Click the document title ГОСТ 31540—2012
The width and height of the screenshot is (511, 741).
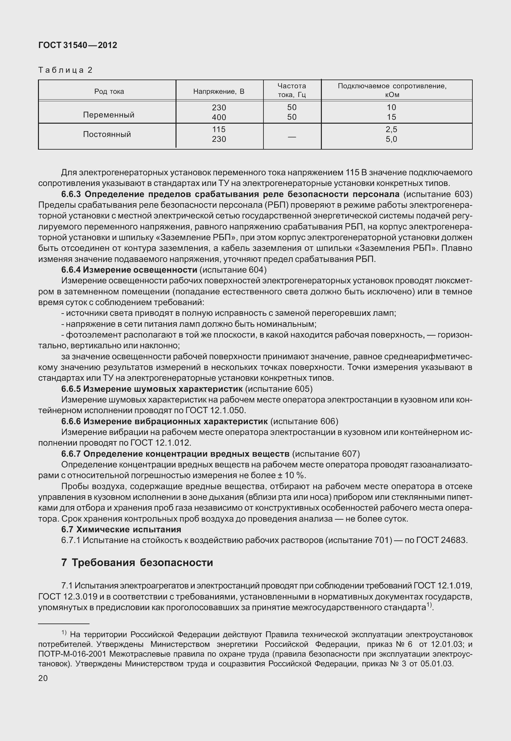[x=78, y=45]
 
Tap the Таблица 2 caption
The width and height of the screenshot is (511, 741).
[x=66, y=70]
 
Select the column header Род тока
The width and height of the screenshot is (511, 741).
[x=109, y=92]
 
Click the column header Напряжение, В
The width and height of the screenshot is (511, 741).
[x=219, y=92]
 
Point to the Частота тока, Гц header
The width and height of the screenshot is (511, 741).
[x=292, y=90]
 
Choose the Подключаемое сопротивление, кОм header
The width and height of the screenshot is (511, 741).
[x=392, y=90]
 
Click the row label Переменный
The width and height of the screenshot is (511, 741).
[x=109, y=115]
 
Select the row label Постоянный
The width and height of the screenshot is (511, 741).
[x=107, y=134]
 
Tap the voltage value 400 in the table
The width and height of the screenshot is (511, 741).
[x=219, y=117]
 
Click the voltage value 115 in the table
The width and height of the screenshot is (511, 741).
[x=219, y=130]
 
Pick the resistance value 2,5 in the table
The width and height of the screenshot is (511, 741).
[x=392, y=130]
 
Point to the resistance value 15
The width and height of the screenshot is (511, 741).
[x=392, y=117]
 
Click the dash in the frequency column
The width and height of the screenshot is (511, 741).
[x=292, y=137]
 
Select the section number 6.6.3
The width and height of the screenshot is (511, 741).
[x=72, y=194]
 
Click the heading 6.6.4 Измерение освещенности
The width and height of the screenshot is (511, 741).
[x=129, y=270]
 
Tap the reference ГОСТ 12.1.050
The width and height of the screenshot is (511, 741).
[x=215, y=411]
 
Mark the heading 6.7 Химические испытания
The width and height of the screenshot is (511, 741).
[x=121, y=529]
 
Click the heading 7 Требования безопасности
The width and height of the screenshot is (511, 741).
[x=137, y=562]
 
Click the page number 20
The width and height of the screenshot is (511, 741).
[x=43, y=678]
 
